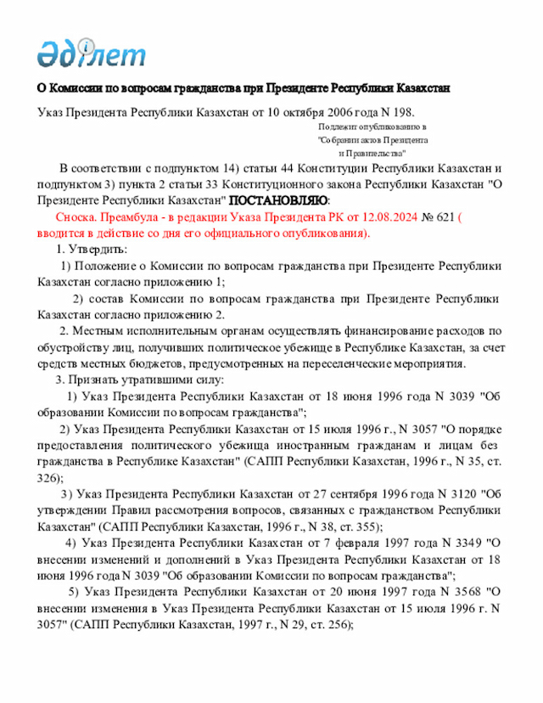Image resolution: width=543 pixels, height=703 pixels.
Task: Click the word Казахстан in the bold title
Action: tap(420, 88)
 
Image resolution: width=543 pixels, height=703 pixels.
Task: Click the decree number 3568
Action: tap(468, 592)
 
